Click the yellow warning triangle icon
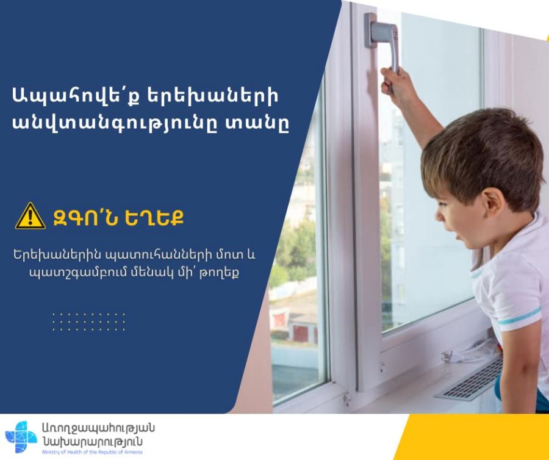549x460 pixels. [30, 217]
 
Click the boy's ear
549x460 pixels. [493, 207]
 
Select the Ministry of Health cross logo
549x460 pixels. [21, 437]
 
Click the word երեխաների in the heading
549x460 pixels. [212, 96]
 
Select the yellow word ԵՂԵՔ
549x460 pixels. [154, 218]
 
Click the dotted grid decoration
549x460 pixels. [88, 322]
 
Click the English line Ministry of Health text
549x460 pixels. [92, 452]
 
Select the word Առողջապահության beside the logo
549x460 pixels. [98, 428]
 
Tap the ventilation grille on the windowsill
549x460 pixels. [470, 381]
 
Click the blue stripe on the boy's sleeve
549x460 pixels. [520, 316]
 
